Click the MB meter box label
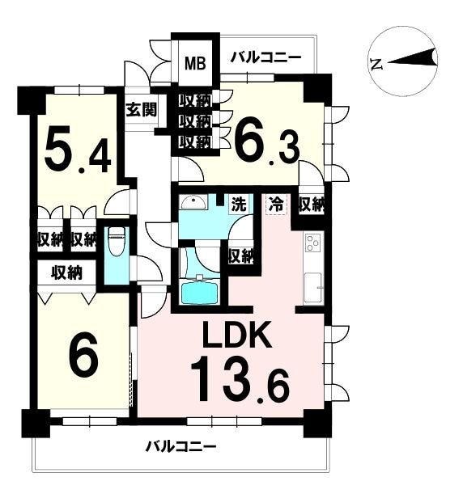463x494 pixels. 195,63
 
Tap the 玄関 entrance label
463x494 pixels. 142,109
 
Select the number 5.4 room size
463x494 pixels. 78,150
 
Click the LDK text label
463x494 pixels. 237,335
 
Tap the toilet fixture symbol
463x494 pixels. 117,242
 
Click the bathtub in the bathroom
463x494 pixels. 199,292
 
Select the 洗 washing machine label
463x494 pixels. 240,205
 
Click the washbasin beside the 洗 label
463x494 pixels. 193,203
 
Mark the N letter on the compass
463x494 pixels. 377,64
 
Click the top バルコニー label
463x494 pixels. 265,57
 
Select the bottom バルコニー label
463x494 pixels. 181,446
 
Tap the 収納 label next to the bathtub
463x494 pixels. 241,255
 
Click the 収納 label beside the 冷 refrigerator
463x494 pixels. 312,205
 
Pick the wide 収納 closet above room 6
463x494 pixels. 67,272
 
